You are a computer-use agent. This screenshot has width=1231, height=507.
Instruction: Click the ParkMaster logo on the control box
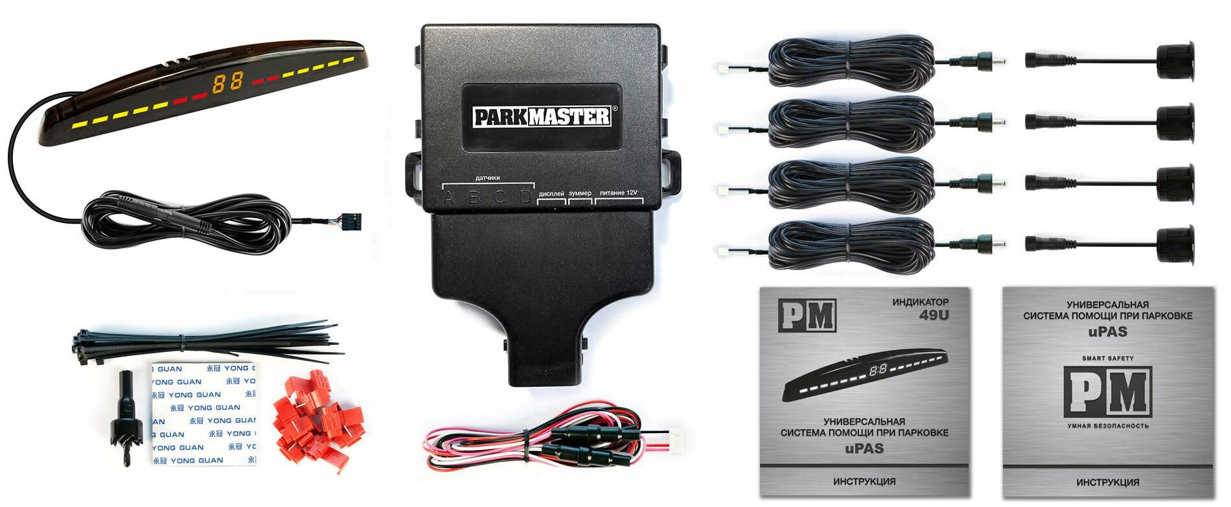click(x=542, y=117)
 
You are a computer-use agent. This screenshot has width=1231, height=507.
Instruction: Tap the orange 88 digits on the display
click(x=227, y=82)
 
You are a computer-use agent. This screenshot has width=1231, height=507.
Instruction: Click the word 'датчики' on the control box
click(x=487, y=178)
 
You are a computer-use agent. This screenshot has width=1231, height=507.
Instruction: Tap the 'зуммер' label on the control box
click(x=580, y=193)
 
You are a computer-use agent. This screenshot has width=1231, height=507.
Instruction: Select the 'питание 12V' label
click(x=619, y=193)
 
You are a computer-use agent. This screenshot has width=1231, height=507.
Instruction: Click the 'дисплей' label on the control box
click(x=551, y=193)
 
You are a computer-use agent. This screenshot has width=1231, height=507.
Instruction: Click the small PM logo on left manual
click(x=807, y=316)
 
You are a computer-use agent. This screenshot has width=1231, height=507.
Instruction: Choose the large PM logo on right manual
click(x=1107, y=392)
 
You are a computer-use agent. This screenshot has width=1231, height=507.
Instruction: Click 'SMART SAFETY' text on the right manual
click(x=1107, y=358)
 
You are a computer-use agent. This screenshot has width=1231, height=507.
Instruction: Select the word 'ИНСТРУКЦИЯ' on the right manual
click(x=1107, y=482)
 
